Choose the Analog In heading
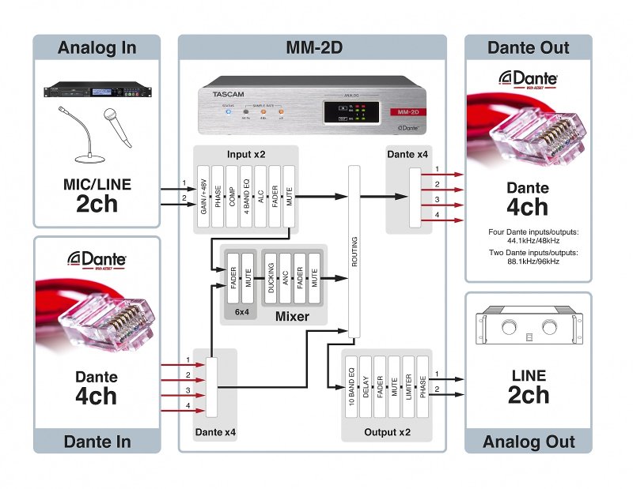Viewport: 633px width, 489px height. pos(96,47)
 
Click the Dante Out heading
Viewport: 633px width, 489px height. pos(528,47)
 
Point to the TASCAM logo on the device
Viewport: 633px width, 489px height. pos(229,94)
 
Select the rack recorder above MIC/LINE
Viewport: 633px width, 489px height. pos(96,92)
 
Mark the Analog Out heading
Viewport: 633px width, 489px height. pos(528,442)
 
